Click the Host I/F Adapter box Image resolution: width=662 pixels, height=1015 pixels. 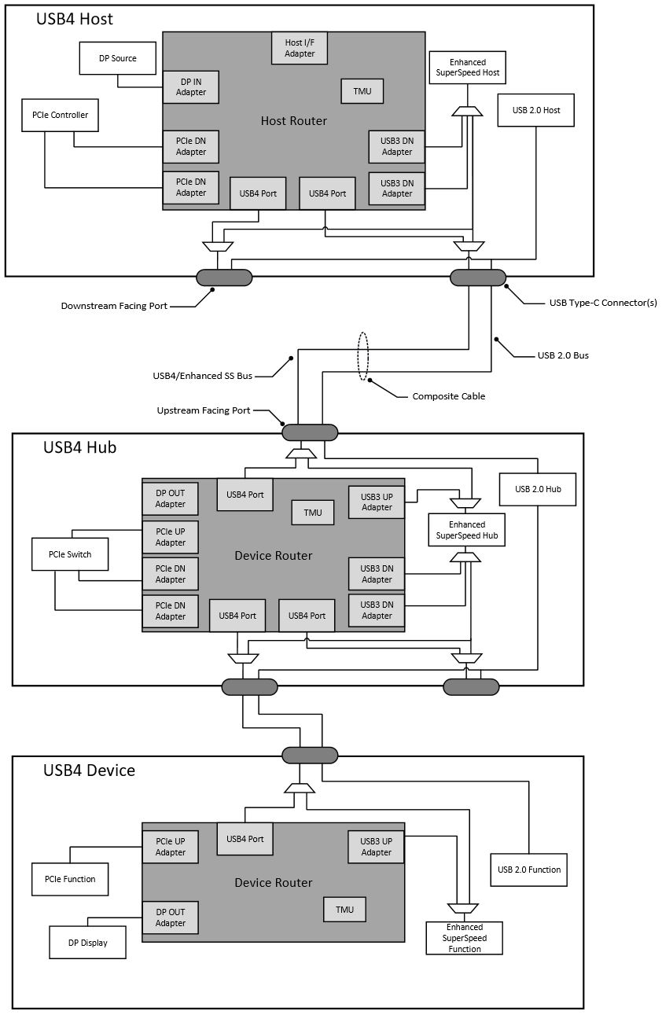point(299,48)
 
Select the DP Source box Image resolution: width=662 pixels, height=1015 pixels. point(118,58)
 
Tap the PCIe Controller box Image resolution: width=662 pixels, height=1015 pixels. point(60,115)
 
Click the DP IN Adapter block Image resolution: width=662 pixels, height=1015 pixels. point(190,86)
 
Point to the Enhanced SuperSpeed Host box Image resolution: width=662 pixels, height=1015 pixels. point(467,68)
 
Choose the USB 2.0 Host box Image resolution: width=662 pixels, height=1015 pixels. point(535,110)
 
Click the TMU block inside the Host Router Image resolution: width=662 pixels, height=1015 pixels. point(362,91)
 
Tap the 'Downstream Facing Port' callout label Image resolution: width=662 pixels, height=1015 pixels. point(114,306)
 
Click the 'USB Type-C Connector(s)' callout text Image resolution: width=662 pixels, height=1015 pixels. point(602,303)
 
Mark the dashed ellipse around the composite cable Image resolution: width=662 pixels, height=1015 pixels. point(362,356)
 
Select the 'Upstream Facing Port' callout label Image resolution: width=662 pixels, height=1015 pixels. point(203,410)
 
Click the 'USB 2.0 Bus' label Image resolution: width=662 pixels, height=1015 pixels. point(563,355)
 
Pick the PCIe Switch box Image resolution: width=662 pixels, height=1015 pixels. point(69,554)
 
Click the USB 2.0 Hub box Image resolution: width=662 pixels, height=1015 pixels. point(538,489)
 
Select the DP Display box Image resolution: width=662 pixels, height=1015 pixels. point(87,942)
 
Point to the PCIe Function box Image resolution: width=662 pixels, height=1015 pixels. point(69,879)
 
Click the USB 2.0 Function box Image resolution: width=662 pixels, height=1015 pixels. point(528,870)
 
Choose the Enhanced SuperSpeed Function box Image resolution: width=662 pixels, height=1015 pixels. point(464,938)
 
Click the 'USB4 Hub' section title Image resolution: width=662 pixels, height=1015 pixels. point(79,447)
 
